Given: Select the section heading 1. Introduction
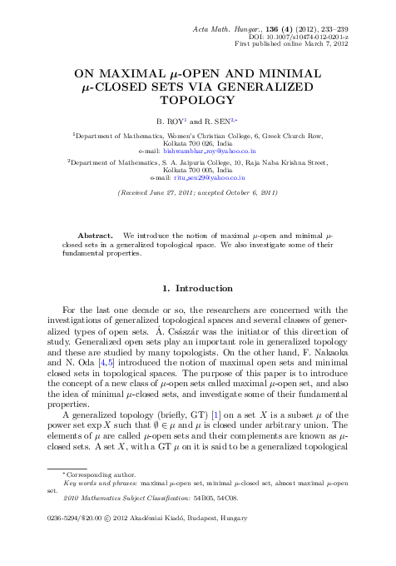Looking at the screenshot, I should tap(197, 288).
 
